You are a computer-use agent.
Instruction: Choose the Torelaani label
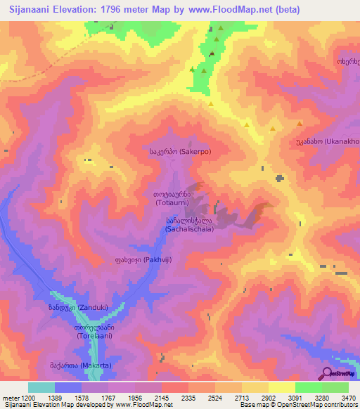(x=94, y=332)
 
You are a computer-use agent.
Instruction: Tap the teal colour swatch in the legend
(x=41, y=387)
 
